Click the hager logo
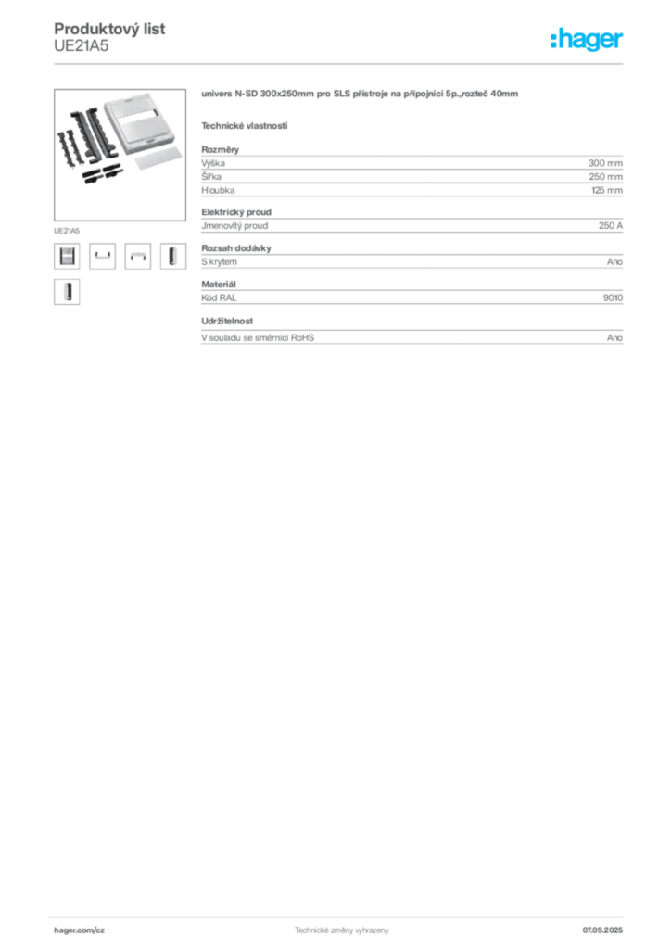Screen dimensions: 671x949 click(586, 40)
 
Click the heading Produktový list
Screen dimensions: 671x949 click(109, 29)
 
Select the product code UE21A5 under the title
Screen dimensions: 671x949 click(81, 46)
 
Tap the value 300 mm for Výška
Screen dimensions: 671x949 click(605, 163)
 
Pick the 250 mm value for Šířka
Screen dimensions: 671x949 click(605, 177)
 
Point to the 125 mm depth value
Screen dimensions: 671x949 click(607, 190)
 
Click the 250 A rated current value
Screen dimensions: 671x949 click(611, 226)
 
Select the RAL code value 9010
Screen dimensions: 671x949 click(613, 297)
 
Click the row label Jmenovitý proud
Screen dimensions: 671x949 click(234, 226)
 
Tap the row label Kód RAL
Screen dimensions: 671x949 click(219, 297)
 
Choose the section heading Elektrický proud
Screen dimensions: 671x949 click(236, 212)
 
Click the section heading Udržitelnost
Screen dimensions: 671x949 click(227, 321)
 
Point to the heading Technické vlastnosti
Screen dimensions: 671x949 click(245, 126)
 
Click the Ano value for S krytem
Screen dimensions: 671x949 click(614, 262)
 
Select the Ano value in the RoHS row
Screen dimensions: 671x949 click(614, 337)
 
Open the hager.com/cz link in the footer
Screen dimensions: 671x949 click(80, 930)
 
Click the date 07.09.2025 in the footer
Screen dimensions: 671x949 click(602, 930)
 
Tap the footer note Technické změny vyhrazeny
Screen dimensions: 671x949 click(342, 930)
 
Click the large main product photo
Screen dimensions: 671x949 click(120, 155)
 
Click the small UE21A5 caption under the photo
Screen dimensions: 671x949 click(67, 231)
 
